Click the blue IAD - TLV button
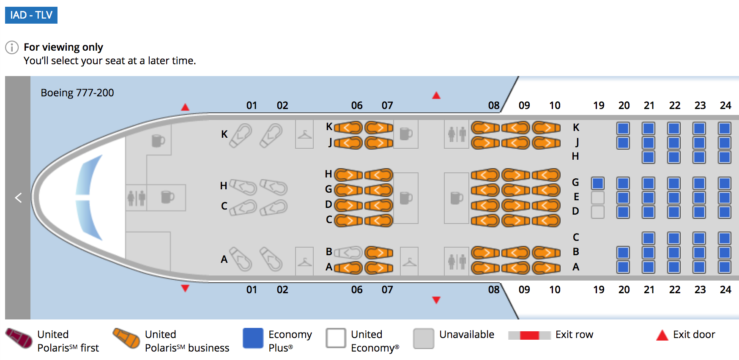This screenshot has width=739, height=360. click(31, 15)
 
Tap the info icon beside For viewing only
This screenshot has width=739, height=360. click(12, 47)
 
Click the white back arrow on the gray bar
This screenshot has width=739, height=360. click(18, 198)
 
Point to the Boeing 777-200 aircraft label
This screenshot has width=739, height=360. click(77, 93)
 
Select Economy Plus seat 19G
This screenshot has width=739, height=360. click(597, 183)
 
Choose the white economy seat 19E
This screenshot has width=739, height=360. click(597, 197)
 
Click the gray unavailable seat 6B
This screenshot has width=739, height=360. click(348, 253)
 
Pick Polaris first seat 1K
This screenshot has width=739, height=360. click(241, 135)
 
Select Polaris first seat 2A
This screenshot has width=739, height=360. click(271, 258)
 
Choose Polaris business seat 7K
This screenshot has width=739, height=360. click(379, 127)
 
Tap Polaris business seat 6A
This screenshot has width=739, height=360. click(348, 267)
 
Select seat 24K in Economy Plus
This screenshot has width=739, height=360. click(724, 128)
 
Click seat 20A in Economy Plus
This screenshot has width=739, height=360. click(623, 267)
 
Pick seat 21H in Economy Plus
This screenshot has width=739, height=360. click(648, 157)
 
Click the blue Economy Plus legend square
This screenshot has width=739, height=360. click(253, 338)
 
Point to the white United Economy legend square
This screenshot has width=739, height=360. click(336, 338)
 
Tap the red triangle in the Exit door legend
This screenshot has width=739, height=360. click(662, 335)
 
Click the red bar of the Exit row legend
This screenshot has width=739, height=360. click(529, 335)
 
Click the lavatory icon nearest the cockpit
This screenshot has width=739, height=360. click(136, 197)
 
